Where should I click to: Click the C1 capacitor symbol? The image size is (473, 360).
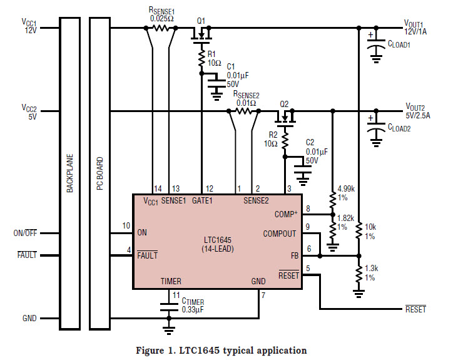click(x=216, y=80)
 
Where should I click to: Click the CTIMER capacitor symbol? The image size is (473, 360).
click(x=168, y=307)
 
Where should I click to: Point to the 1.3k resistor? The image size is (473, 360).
click(x=359, y=274)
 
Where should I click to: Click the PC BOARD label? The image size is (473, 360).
click(x=99, y=174)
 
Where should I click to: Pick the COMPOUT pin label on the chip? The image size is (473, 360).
click(x=280, y=234)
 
